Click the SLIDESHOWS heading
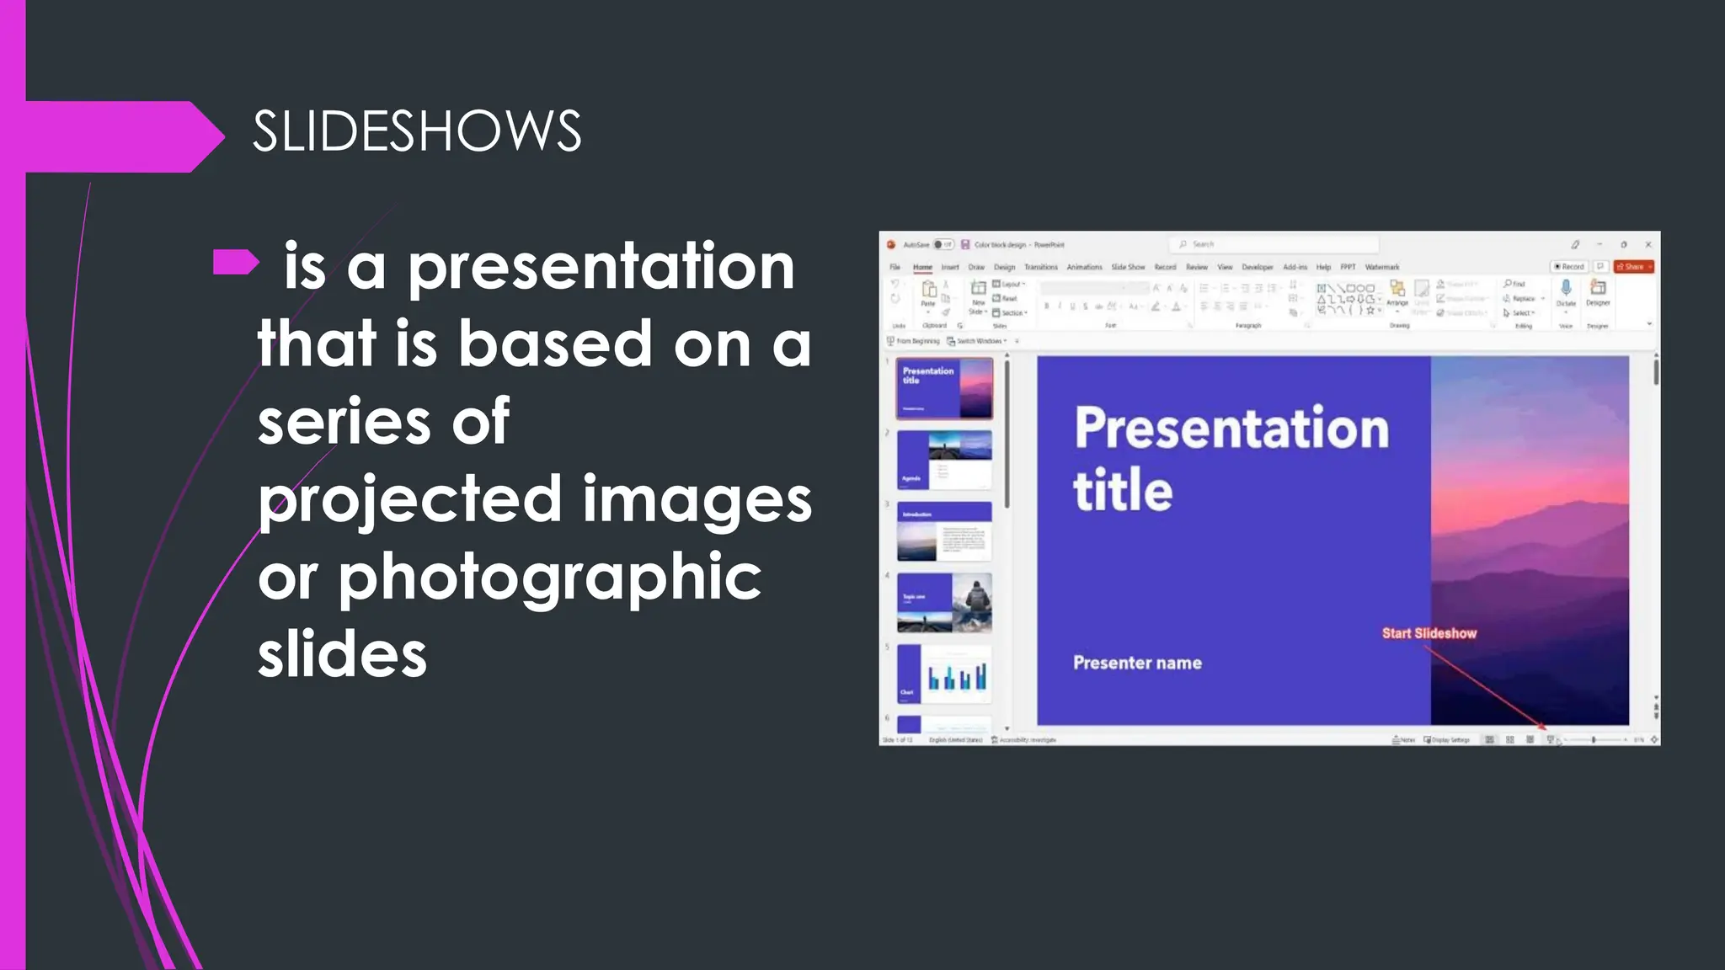[x=417, y=131]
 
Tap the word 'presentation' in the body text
[x=601, y=267]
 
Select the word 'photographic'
[x=550, y=578]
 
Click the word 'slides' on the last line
[x=343, y=655]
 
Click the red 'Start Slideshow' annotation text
[x=1429, y=633]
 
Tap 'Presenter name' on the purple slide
[x=1137, y=664]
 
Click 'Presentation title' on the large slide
[x=1230, y=459]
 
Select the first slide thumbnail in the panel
[x=944, y=388]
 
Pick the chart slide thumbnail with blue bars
[x=944, y=674]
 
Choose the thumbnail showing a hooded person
[x=944, y=603]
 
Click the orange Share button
[x=1633, y=267]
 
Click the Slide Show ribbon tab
[x=1128, y=267]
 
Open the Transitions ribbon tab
[x=1040, y=267]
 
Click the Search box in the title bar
[x=1272, y=244]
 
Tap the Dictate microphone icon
[x=1566, y=289]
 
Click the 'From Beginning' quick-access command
[x=914, y=341]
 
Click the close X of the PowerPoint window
[x=1648, y=244]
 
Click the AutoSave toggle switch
[x=943, y=244]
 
